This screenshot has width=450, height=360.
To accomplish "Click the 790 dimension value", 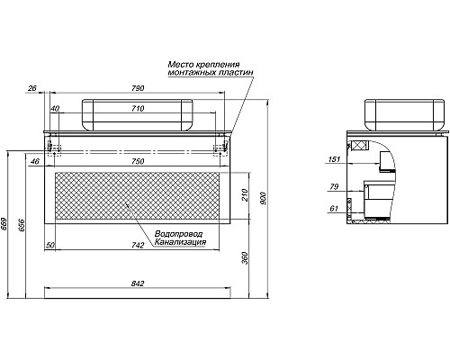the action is [x=138, y=88].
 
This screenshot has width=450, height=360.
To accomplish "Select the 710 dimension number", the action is [x=138, y=108].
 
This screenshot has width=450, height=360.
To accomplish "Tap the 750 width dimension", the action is [x=138, y=161].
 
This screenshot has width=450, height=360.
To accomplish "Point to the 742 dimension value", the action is [x=138, y=246].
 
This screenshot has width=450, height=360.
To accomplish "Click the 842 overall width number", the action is [x=138, y=283].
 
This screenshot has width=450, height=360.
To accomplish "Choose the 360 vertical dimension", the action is [x=245, y=258].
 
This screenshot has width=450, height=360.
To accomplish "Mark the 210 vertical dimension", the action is [x=245, y=195].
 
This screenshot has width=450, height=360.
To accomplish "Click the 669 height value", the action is [x=4, y=223].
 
